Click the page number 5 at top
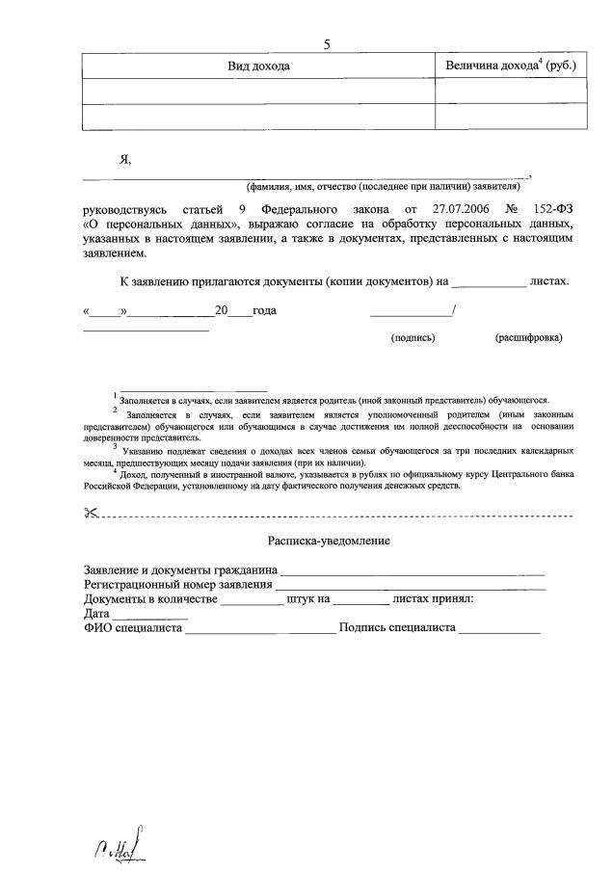[328, 44]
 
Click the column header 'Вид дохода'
[258, 66]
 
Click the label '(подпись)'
[413, 339]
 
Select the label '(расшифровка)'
[528, 339]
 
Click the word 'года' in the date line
[264, 311]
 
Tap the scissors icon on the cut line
[92, 513]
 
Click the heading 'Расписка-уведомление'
[329, 542]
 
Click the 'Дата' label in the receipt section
[96, 614]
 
